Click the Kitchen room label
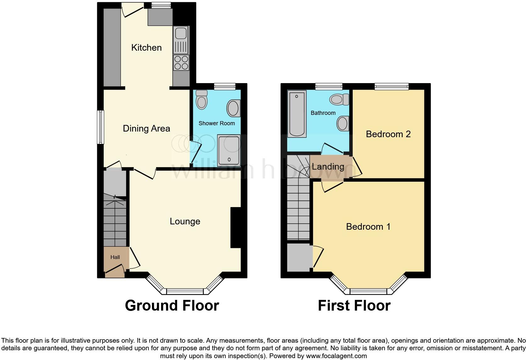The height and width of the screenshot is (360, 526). tap(146, 48)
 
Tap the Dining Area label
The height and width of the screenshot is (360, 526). tap(146, 128)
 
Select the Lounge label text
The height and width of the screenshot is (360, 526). tap(185, 221)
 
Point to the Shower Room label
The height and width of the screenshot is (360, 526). tap(216, 123)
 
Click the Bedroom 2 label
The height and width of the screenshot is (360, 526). tap(388, 134)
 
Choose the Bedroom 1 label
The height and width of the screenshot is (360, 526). tap(368, 227)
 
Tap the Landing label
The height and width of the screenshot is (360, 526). tap(328, 166)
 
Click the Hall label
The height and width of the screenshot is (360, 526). tap(115, 257)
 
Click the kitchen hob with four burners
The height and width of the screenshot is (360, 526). tap(181, 62)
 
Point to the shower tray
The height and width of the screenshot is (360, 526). tap(229, 150)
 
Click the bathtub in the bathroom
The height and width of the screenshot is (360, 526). tap(297, 114)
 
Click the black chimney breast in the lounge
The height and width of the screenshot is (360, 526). tap(235, 227)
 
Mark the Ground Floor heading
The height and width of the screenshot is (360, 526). tap(172, 306)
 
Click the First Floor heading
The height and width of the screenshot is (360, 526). tap(354, 306)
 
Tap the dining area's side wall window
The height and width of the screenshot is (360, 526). tap(100, 127)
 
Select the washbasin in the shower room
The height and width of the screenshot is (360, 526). tap(233, 108)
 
